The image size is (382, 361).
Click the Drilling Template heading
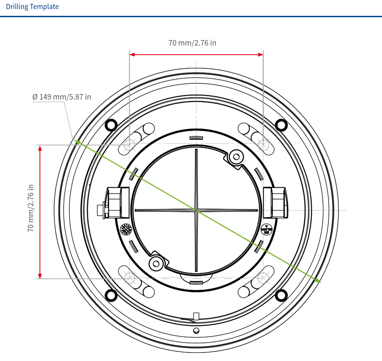tap(32, 7)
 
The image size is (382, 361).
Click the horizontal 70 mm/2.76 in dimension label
tap(192, 43)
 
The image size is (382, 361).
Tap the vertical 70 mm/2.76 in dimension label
tap(31, 208)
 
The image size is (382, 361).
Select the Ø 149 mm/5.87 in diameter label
tap(62, 97)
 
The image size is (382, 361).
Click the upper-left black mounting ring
tap(111, 124)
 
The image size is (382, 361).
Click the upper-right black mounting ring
tap(281, 124)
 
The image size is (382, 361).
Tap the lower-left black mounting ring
tap(111, 295)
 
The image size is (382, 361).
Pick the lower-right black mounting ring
tap(281, 295)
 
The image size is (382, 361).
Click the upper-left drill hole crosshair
tap(129, 144)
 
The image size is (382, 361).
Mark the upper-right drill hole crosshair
tap(263, 144)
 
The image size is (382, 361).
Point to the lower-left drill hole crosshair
tap(129, 278)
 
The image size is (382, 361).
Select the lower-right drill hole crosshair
tap(263, 278)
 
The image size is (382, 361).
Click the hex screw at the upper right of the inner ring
tap(236, 157)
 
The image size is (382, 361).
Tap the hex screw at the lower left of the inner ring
tap(156, 262)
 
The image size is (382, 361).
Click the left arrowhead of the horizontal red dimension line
tap(132, 55)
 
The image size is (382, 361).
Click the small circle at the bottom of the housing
tap(196, 330)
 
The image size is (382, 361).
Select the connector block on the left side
tap(115, 202)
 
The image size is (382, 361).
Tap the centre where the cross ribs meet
tap(196, 210)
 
